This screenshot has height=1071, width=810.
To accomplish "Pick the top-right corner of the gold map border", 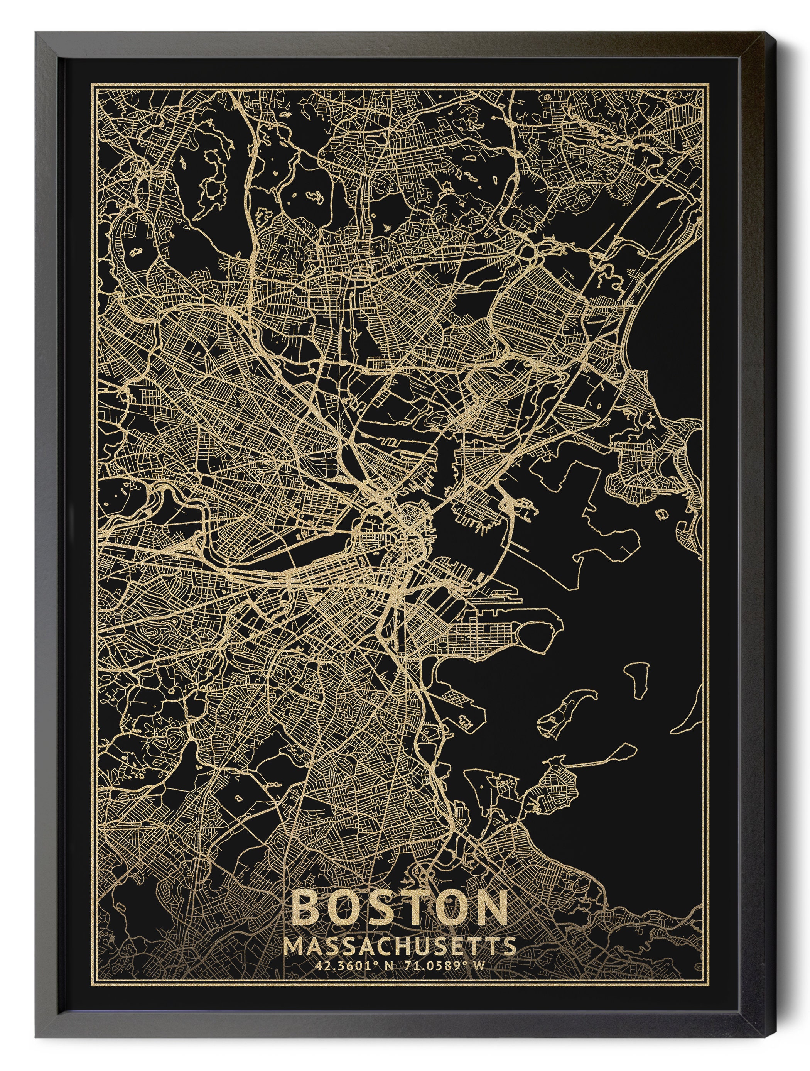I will click(709, 84).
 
